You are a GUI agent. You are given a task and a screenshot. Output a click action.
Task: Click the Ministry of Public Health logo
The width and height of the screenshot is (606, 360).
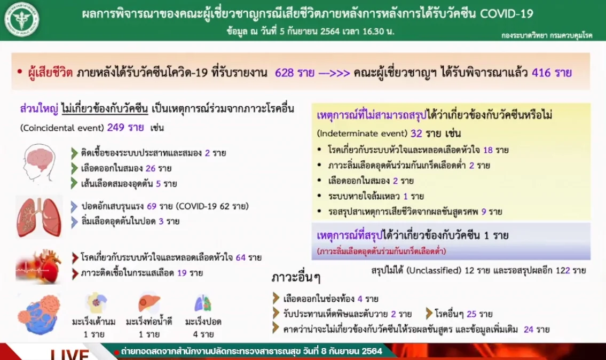(21, 19)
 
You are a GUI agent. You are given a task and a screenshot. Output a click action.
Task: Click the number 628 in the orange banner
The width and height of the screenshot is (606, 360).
(285, 73)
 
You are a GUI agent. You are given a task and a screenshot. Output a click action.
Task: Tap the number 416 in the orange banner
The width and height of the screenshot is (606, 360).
(541, 73)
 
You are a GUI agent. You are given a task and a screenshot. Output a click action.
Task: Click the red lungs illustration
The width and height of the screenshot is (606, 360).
(38, 217)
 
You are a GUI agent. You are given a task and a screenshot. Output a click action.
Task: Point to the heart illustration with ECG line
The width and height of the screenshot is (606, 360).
(38, 267)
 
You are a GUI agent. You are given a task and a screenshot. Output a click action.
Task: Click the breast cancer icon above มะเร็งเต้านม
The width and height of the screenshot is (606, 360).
(96, 303)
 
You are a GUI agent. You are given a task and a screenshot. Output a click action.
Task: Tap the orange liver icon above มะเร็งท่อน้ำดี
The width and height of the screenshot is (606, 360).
(149, 303)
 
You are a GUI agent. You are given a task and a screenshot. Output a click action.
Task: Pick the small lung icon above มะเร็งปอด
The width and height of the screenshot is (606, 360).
(203, 303)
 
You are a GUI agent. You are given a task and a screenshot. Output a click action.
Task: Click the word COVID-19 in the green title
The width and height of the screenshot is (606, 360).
(506, 14)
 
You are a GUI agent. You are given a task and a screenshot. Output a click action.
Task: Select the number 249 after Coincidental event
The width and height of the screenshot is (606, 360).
(115, 127)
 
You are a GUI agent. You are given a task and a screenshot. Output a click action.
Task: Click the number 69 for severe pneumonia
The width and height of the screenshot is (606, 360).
(152, 206)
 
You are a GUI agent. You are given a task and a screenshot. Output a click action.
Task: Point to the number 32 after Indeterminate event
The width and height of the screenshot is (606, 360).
(416, 134)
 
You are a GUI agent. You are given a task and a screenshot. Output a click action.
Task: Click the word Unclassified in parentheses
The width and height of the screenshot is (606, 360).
(435, 270)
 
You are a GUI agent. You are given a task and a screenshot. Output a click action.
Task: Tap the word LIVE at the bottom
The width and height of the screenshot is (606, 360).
(69, 355)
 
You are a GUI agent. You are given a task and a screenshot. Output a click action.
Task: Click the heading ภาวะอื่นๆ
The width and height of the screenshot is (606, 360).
(296, 277)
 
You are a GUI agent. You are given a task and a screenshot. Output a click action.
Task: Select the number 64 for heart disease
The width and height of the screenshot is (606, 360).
(240, 257)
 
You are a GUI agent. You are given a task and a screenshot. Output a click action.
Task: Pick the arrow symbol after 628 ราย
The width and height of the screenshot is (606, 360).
(334, 73)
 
